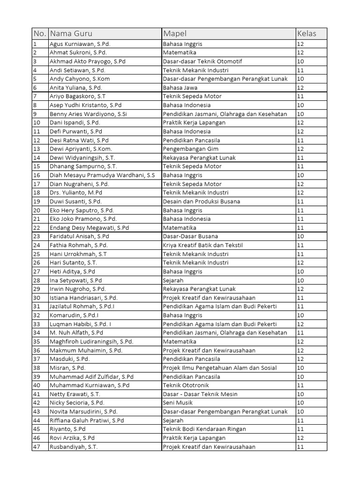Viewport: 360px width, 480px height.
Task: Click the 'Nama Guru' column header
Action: coord(71,34)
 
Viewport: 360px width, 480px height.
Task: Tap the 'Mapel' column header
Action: coord(174,34)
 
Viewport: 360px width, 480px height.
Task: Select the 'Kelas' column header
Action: coord(307,34)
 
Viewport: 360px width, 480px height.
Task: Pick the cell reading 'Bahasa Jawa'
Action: coord(180,88)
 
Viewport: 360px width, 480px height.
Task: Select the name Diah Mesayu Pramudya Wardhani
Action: coord(102,175)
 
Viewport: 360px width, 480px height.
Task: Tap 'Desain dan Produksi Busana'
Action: coord(201,202)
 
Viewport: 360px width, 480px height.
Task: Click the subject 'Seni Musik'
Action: coord(178,403)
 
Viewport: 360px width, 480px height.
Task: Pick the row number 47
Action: coord(37,447)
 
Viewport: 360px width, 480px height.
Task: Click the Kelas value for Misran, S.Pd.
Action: coord(301,368)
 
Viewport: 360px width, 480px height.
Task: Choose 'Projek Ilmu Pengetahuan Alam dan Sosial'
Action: coord(220,368)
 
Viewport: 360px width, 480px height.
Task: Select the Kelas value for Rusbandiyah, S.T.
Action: coord(301,447)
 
